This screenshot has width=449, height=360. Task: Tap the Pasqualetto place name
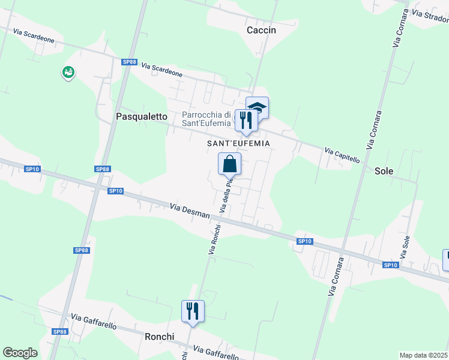141,117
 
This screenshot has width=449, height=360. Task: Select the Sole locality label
384,171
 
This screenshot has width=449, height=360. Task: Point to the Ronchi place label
159,337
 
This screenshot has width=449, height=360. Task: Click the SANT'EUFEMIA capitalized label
238,143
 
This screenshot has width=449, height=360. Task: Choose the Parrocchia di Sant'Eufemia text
206,119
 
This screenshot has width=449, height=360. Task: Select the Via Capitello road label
342,155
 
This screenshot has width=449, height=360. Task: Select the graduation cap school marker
258,108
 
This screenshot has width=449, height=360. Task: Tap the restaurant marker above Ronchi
193,311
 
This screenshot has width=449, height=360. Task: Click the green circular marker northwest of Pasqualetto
68,73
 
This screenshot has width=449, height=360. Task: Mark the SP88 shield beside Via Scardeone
128,62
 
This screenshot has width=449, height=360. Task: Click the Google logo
20,353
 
